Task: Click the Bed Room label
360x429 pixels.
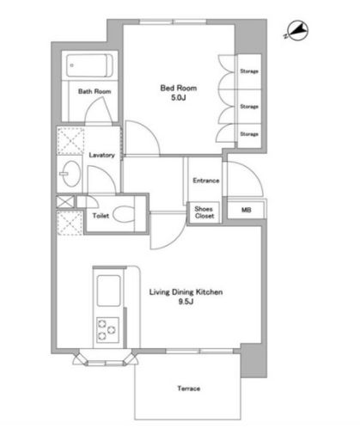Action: (179, 88)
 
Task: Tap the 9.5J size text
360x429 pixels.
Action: (186, 302)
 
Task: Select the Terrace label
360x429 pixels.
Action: (189, 389)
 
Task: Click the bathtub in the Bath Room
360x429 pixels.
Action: (89, 65)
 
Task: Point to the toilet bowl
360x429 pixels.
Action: (124, 214)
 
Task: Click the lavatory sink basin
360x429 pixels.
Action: (70, 174)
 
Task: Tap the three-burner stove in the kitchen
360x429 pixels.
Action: (107, 330)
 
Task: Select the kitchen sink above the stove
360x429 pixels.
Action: (108, 291)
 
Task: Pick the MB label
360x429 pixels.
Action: (247, 210)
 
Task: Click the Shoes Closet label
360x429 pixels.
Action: (204, 212)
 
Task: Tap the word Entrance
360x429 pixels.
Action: (206, 181)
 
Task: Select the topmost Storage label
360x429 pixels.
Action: (249, 71)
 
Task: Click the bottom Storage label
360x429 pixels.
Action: (249, 134)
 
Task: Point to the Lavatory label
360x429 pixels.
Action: (101, 155)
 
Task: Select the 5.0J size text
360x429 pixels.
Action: (179, 98)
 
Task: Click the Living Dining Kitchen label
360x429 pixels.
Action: (186, 292)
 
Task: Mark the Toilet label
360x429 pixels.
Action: (101, 216)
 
